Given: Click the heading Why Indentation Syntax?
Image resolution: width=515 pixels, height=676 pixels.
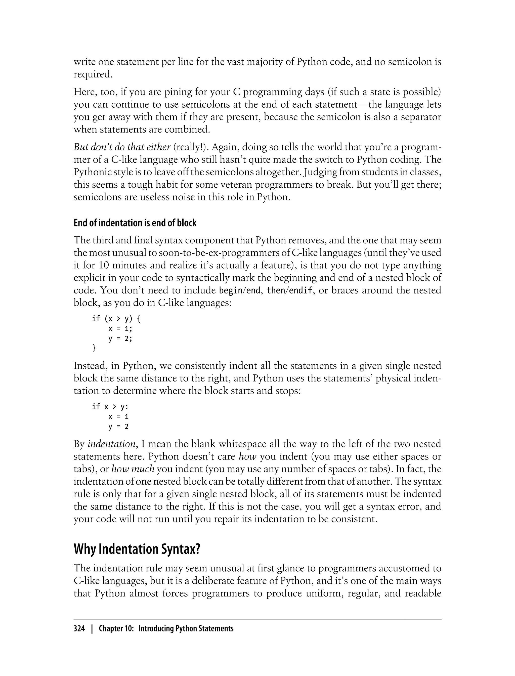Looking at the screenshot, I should click(137, 549).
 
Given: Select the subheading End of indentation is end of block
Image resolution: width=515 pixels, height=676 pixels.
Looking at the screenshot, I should click(135, 223).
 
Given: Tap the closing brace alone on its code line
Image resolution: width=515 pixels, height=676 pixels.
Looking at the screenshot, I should click(94, 348).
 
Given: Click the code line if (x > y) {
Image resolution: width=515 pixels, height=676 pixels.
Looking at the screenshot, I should click(116, 319).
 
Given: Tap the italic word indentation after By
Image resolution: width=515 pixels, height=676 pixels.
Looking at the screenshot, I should click(112, 444).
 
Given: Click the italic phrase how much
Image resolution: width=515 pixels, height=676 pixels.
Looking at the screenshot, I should click(133, 469).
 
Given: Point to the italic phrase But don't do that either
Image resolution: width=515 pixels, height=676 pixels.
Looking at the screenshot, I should click(122, 147).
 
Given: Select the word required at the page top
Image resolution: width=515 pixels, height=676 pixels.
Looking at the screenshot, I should click(93, 74).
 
